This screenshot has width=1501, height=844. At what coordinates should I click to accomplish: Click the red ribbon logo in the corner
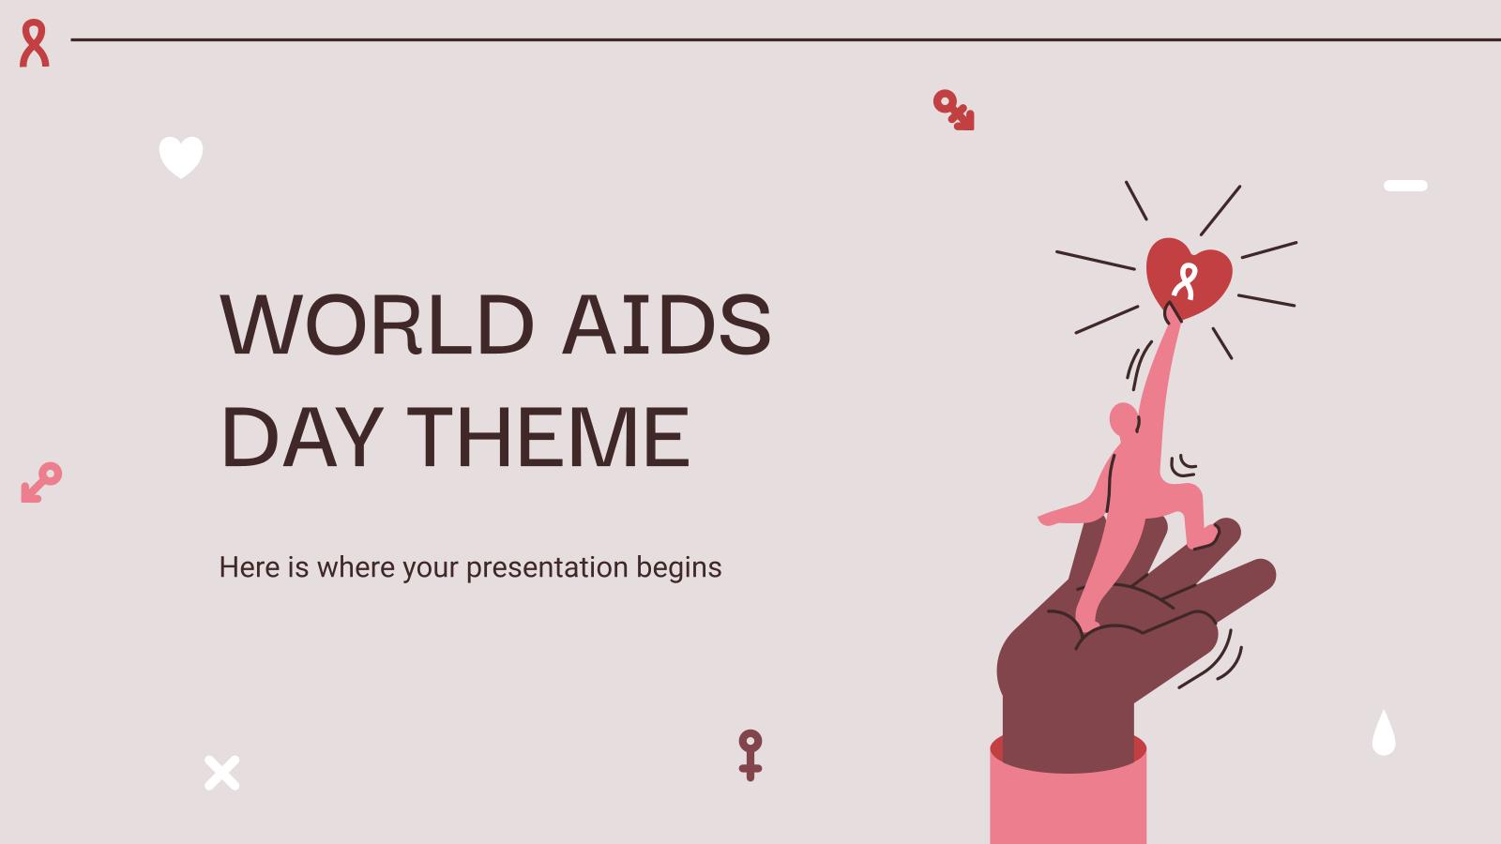pos(35,43)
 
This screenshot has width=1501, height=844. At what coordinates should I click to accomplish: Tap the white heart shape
pos(181,157)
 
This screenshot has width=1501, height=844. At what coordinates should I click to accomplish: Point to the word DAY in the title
pos(299,436)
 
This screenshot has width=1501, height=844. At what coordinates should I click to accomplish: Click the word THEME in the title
pos(549,436)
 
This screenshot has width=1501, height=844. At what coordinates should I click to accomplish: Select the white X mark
pos(222,773)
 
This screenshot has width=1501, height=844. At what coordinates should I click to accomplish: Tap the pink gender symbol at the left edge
pos(41,481)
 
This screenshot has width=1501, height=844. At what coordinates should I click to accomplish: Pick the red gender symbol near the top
pos(953,110)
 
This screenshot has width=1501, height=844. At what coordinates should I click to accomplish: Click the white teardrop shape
pos(1384,733)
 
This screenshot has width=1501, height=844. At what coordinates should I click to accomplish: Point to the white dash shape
pos(1405,186)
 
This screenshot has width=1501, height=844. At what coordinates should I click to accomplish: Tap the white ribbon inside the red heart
pos(1186,279)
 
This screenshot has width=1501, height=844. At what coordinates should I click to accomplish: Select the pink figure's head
pos(1123,418)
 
